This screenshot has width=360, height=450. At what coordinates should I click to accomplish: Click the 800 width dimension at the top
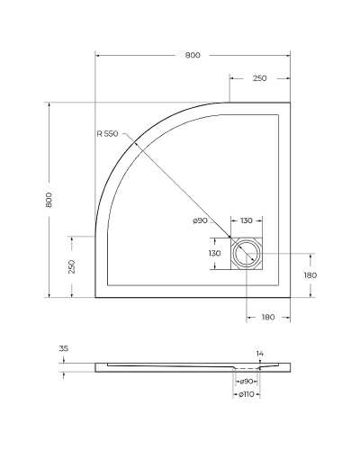[192, 55]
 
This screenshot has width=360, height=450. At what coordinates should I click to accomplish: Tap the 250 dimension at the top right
[259, 79]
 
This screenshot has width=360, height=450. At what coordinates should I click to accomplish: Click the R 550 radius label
[108, 134]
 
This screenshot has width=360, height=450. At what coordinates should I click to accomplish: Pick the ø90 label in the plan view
[201, 221]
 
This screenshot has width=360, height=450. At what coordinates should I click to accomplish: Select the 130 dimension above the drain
[246, 221]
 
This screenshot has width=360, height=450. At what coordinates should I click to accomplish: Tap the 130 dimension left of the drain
[214, 254]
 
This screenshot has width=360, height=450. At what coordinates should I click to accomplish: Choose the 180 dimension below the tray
[267, 317]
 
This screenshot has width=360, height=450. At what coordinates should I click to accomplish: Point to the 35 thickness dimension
[63, 347]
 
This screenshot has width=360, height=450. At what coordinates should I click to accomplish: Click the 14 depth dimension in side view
[259, 353]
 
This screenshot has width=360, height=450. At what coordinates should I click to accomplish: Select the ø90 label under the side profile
[246, 382]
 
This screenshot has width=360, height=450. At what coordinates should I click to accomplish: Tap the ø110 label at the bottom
[246, 395]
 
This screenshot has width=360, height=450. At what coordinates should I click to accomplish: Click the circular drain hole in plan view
[246, 255]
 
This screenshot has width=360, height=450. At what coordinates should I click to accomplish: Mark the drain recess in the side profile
[246, 370]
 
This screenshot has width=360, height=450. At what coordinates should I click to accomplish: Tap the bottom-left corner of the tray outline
[95, 297]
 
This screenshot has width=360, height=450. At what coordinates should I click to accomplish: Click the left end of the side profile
[96, 367]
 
